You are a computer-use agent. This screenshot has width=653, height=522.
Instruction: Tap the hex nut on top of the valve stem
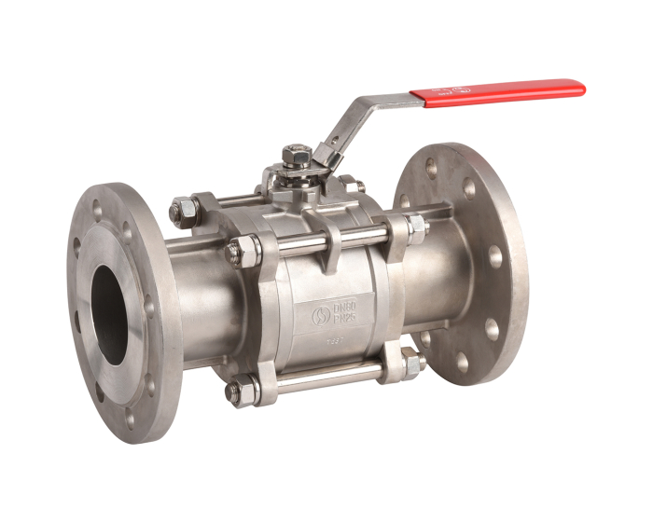pyautogui.click(x=297, y=154)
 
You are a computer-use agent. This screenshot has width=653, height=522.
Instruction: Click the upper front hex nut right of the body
pyautogui.click(x=414, y=227)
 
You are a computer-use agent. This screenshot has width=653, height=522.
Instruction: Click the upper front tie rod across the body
pyautogui.click(x=326, y=240)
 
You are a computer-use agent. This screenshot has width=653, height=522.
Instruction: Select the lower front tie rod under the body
pyautogui.click(x=326, y=378)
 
